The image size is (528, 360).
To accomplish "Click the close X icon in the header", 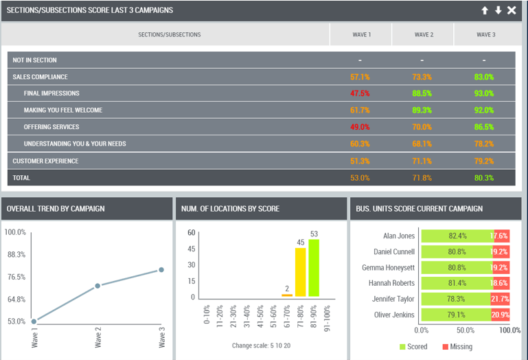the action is [512, 10].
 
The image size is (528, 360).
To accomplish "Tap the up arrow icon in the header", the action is [485, 10].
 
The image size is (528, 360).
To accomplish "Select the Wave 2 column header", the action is [424, 35].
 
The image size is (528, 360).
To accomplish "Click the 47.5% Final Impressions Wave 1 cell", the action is [360, 93].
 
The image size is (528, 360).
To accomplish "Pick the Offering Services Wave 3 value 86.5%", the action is [484, 127].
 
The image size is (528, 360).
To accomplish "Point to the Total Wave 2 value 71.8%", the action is [422, 178].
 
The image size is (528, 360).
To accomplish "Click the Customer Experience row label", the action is [45, 161].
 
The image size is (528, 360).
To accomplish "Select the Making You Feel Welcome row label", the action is [63, 110].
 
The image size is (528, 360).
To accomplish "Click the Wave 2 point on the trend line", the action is [97, 286].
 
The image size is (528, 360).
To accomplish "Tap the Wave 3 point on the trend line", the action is [161, 270].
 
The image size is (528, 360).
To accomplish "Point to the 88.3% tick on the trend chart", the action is [16, 254].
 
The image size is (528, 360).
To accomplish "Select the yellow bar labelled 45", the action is [300, 272].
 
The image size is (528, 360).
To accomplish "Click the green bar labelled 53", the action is [314, 268].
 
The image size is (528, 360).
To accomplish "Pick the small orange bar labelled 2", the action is [287, 295].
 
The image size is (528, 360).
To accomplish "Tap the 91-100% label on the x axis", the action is [327, 319].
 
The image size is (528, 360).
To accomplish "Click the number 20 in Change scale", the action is [287, 346].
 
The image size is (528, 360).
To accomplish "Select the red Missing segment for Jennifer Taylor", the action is [500, 299].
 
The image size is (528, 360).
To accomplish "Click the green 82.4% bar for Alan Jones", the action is [457, 236].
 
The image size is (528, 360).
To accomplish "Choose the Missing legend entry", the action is [457, 347].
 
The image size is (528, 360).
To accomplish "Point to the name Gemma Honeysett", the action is [388, 268].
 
